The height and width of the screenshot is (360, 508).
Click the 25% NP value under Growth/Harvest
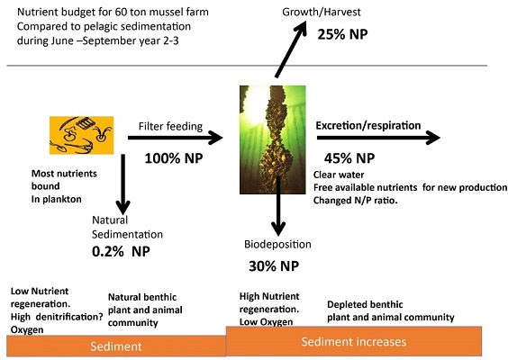tap(342, 34)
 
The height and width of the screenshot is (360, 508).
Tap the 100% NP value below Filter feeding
tap(174, 158)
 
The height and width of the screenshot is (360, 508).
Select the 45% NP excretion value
tap(349, 158)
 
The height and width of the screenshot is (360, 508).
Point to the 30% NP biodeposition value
tap(274, 265)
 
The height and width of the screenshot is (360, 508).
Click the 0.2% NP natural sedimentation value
tap(121, 251)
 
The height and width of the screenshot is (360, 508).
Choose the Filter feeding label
tap(170, 126)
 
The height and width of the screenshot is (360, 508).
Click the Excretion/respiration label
tap(368, 126)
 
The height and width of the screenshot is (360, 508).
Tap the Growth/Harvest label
tap(322, 12)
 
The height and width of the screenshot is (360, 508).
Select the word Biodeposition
tap(277, 244)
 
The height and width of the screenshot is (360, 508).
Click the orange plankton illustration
tap(82, 135)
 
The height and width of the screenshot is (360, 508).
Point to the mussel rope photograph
tap(273, 139)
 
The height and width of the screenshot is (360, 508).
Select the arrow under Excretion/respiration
tap(378, 138)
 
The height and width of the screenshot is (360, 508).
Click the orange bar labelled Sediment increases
tap(354, 341)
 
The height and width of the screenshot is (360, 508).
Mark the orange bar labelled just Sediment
tap(116, 346)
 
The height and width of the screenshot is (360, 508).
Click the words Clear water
tap(339, 175)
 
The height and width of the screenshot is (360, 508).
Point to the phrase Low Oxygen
tap(266, 322)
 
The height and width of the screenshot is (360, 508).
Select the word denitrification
tap(69, 317)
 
